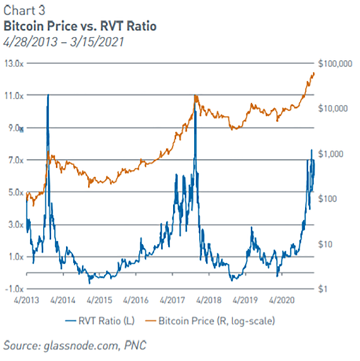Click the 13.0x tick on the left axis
tap(13, 63)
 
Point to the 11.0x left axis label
tap(13, 95)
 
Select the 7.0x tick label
tap(13, 160)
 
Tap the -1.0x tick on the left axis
tap(13, 289)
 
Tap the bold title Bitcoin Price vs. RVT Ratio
tap(80, 26)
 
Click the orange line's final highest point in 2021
tap(313, 73)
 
